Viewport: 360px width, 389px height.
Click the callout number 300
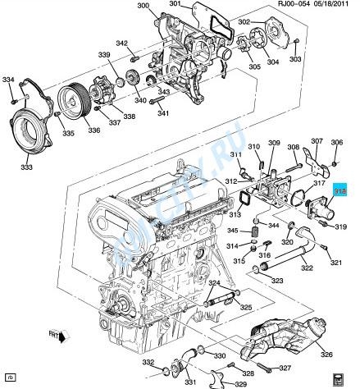click(143, 7)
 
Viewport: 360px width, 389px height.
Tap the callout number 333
click(27, 166)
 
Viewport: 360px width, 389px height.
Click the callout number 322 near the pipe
click(305, 268)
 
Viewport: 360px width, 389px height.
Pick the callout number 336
click(71, 129)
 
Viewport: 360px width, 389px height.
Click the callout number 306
click(337, 143)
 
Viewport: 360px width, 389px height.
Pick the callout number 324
click(214, 283)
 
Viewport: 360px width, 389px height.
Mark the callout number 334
click(8, 80)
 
